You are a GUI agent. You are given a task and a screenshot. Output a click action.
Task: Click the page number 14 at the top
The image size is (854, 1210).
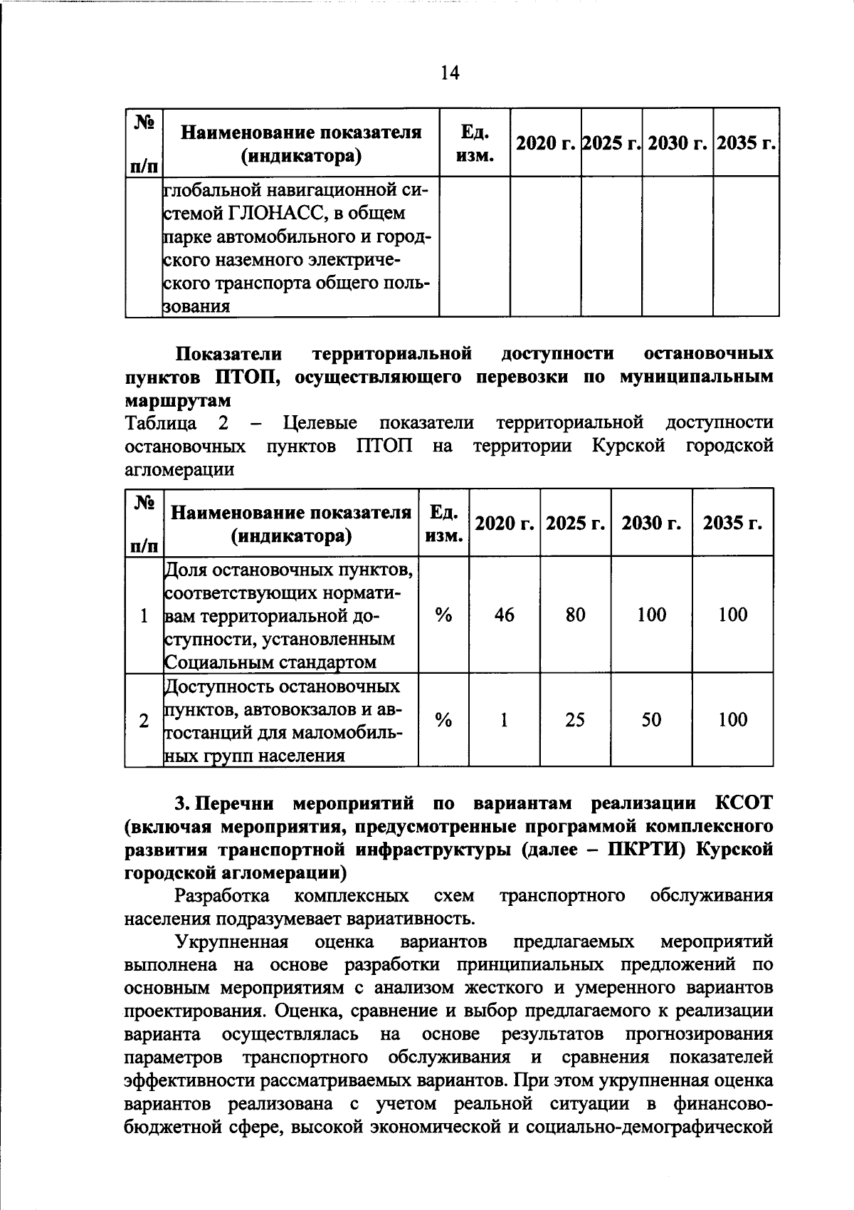pyautogui.click(x=450, y=73)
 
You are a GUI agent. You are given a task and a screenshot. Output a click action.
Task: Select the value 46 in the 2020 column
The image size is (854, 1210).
pyautogui.click(x=504, y=615)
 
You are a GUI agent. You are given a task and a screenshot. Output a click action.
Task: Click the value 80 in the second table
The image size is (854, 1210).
pyautogui.click(x=575, y=615)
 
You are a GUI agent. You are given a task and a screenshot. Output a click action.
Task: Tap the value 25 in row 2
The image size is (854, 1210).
pyautogui.click(x=575, y=720)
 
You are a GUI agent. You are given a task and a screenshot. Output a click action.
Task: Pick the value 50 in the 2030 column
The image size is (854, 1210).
pyautogui.click(x=651, y=720)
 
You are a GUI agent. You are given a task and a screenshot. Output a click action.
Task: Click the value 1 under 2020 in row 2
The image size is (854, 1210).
pyautogui.click(x=504, y=720)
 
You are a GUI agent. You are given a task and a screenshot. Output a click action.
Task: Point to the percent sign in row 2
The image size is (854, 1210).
pyautogui.click(x=443, y=720)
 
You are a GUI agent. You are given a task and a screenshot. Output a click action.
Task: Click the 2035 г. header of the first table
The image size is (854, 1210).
pyautogui.click(x=745, y=143)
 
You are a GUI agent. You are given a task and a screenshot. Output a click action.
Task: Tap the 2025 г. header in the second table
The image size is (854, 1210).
pyautogui.click(x=575, y=523)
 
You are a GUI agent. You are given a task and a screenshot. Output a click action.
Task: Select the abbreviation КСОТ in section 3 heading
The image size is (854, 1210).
pyautogui.click(x=743, y=803)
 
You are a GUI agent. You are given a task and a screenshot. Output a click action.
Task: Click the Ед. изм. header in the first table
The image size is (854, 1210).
pyautogui.click(x=474, y=143)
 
